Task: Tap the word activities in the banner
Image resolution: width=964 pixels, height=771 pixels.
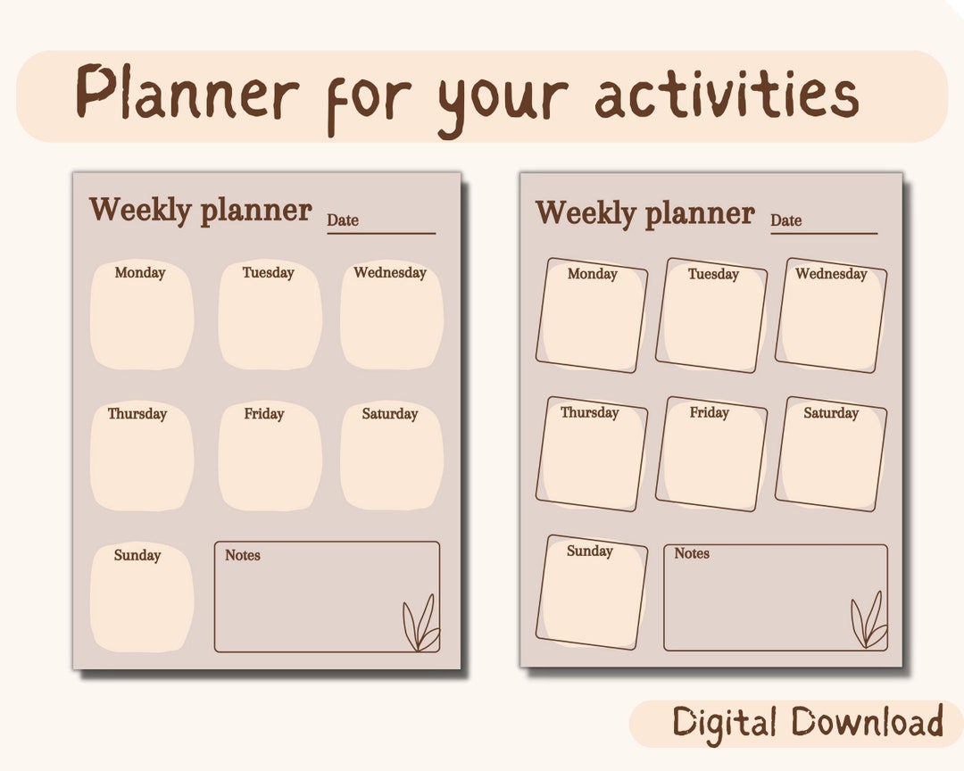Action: click(727, 95)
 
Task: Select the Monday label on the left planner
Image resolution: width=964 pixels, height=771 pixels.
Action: click(140, 273)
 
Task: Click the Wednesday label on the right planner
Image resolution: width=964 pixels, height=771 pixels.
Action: click(831, 274)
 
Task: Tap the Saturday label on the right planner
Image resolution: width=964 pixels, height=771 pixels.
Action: click(831, 413)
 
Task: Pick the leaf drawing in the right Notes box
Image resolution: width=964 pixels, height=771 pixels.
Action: click(868, 620)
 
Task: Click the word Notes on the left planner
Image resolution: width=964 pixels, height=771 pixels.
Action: click(243, 555)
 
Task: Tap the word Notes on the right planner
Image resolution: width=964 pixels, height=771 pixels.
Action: click(692, 553)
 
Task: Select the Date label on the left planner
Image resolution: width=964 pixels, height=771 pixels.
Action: click(343, 220)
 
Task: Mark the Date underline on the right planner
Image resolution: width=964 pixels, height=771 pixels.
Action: click(824, 234)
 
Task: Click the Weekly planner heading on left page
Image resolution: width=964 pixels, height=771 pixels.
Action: click(200, 211)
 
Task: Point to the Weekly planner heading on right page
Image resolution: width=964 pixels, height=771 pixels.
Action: click(644, 213)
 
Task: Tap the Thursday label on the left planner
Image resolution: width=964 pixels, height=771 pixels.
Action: click(137, 414)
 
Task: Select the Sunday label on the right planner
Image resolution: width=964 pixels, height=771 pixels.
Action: click(590, 551)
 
